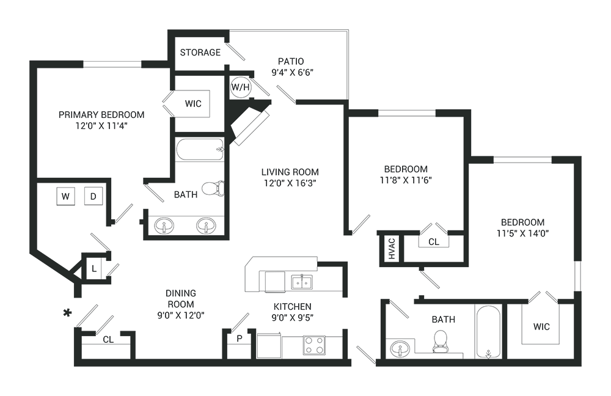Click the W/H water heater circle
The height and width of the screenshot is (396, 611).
click(241, 88)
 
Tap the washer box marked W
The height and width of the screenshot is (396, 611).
click(65, 196)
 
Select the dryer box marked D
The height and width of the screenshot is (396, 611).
click(93, 196)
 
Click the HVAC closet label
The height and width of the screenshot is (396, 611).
click(392, 248)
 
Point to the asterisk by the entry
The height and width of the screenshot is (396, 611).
click(67, 313)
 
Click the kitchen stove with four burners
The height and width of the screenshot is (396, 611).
click(314, 345)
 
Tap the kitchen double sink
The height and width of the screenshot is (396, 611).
click(301, 282)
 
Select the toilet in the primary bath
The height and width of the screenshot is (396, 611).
click(213, 188)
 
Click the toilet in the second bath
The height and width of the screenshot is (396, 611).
click(440, 342)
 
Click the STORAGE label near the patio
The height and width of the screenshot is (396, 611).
click(200, 53)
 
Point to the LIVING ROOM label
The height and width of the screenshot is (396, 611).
click(290, 172)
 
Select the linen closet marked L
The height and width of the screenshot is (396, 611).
click(94, 267)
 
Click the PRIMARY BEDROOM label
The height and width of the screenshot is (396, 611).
click(101, 115)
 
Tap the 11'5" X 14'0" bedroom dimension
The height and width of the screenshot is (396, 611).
click(522, 233)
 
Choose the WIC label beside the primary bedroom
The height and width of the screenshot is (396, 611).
click(193, 103)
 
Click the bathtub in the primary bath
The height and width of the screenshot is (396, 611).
click(199, 149)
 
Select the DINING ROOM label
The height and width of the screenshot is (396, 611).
click(181, 293)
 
